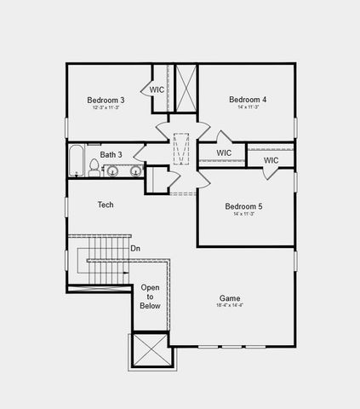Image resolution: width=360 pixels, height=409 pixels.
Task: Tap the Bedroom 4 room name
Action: click(x=248, y=100)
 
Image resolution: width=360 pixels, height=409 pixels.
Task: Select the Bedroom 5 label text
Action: click(x=243, y=206)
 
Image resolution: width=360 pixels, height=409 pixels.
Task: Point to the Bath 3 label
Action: click(x=111, y=154)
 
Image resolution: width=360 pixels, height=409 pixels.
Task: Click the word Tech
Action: click(x=106, y=204)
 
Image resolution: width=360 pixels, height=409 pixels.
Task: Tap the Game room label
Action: click(x=229, y=298)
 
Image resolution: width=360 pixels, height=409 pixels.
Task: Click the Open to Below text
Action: click(x=151, y=297)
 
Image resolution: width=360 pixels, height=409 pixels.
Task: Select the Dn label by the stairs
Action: click(x=135, y=249)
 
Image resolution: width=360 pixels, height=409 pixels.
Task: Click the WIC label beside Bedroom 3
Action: click(x=157, y=89)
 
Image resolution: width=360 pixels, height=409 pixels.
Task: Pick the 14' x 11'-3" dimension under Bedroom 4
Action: click(x=248, y=108)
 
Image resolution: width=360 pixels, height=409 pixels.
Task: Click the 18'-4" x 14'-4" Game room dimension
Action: click(x=229, y=306)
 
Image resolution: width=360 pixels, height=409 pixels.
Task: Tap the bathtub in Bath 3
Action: click(x=76, y=161)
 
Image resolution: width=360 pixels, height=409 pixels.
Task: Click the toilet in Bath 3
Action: click(x=94, y=166)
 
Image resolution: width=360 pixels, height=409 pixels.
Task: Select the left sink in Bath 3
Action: click(x=111, y=171)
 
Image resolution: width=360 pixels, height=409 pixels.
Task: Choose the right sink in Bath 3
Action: click(x=135, y=171)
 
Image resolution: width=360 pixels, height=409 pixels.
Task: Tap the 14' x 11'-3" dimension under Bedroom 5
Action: click(x=243, y=214)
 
